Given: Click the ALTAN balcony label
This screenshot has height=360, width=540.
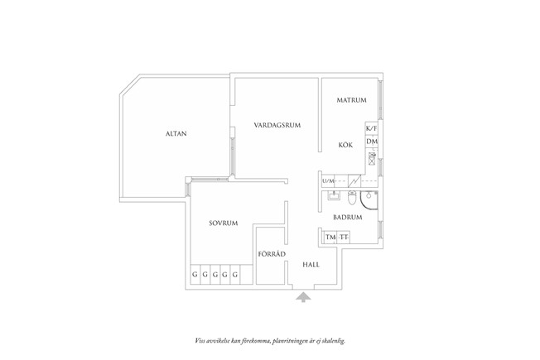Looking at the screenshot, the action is coord(176,133).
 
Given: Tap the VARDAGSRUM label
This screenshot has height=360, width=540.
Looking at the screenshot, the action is coord(277,125).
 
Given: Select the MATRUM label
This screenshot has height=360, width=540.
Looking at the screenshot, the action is coord(351,100).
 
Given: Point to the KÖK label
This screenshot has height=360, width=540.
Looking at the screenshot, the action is coord(345,145).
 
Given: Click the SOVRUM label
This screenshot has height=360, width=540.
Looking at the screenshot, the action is coord(224,223).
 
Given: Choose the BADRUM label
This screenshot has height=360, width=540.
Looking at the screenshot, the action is coord(348,218).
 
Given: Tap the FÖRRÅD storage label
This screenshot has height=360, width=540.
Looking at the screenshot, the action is coord(272,254).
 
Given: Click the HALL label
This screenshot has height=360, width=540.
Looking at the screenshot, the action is coord(311,265).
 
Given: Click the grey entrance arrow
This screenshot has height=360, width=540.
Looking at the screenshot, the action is coord(303,297).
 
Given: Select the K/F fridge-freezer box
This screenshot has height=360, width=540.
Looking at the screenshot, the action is coord(371,128).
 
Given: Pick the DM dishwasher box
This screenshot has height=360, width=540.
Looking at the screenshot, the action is coord(372,142).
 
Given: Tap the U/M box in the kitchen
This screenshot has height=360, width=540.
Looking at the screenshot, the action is coord(328,180).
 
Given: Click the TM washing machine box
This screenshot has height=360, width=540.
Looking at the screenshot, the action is coord(330,238).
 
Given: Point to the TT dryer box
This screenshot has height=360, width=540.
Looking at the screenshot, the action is coord(344,238).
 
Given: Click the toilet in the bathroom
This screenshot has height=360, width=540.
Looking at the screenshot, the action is coord(352,197).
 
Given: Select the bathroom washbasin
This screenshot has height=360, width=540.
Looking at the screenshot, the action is coord(333,195).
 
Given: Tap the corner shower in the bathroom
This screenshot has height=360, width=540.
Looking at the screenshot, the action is coord(369,200).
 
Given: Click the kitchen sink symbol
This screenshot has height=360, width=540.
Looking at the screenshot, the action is coord(372,159).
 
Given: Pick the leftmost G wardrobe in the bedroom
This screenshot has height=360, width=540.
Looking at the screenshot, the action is coord(195,275).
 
